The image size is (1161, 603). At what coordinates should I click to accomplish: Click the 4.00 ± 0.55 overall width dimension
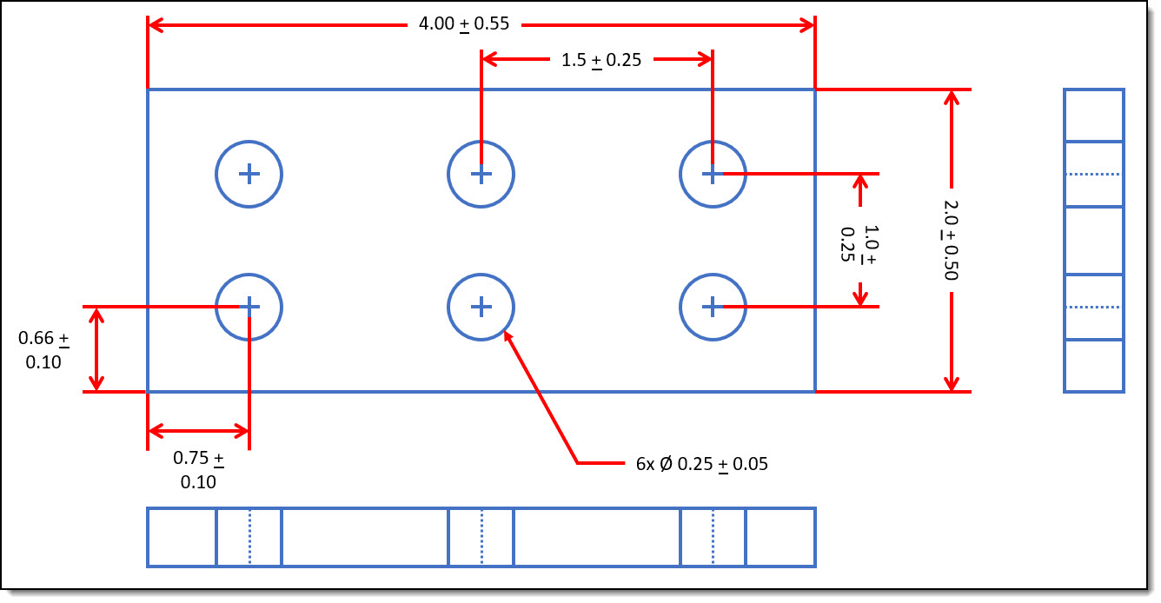click(x=464, y=24)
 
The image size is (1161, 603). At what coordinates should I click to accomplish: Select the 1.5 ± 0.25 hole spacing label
click(x=601, y=60)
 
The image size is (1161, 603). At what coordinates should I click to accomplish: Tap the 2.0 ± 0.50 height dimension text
click(x=951, y=240)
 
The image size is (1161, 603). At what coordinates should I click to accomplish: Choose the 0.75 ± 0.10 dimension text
click(x=198, y=469)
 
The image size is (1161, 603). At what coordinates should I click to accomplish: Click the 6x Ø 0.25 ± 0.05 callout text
click(x=702, y=464)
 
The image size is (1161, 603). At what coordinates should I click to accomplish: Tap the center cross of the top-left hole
click(x=249, y=174)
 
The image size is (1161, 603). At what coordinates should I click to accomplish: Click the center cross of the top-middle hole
click(x=481, y=174)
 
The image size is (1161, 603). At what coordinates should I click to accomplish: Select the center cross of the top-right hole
click(x=713, y=174)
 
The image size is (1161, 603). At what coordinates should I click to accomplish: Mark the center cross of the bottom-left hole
click(x=249, y=307)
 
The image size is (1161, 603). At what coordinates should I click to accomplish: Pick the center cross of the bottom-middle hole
click(x=481, y=307)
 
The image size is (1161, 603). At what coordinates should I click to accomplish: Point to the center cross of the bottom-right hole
click(x=713, y=307)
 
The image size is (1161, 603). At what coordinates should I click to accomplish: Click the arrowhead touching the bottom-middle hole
click(x=508, y=337)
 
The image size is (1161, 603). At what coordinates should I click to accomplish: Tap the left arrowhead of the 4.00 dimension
click(x=155, y=24)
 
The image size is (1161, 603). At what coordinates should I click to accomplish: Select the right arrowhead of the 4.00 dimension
click(x=808, y=24)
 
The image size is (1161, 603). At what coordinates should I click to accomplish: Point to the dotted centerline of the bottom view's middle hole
click(x=481, y=537)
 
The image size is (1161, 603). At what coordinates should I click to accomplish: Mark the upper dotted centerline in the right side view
click(x=1094, y=174)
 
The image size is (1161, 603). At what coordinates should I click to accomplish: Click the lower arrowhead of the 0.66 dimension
click(x=96, y=384)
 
